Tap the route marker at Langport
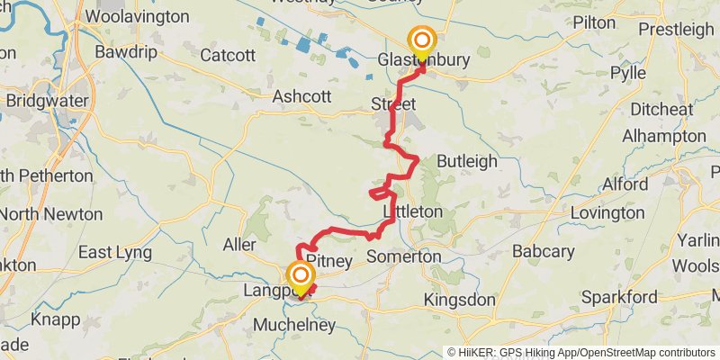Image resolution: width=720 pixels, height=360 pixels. pyautogui.click(x=300, y=275)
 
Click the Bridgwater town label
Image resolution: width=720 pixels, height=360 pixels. pyautogui.click(x=44, y=102)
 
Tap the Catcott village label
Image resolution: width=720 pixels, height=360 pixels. pyautogui.click(x=228, y=56)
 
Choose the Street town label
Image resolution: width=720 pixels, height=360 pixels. pyautogui.click(x=393, y=105)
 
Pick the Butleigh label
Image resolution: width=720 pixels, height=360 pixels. pyautogui.click(x=466, y=161)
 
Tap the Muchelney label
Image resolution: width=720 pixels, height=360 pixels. pyautogui.click(x=293, y=325)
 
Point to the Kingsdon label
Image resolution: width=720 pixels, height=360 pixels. pyautogui.click(x=460, y=300)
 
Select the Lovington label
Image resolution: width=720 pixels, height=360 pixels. pyautogui.click(x=607, y=213)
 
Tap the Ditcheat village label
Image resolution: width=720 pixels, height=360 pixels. pyautogui.click(x=661, y=109)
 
